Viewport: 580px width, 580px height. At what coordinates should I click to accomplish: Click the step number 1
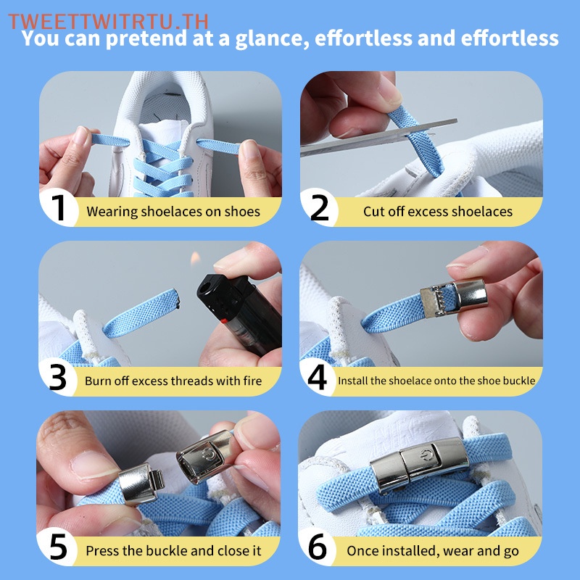click(x=58, y=207)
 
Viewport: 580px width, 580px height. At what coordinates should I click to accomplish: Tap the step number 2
click(x=319, y=207)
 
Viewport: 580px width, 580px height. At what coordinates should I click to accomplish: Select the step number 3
click(x=58, y=377)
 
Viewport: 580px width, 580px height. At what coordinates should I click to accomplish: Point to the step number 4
click(x=317, y=377)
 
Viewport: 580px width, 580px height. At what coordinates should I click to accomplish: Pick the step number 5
click(x=58, y=547)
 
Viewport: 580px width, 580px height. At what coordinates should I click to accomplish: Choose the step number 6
click(x=318, y=547)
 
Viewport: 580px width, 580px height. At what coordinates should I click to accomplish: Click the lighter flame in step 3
click(x=195, y=258)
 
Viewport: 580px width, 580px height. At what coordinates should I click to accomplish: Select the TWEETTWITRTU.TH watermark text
click(x=108, y=22)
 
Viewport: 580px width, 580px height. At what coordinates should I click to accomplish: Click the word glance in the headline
click(x=273, y=39)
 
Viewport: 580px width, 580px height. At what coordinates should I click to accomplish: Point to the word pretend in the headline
click(x=147, y=39)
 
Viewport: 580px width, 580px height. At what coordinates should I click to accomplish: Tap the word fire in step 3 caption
click(x=252, y=381)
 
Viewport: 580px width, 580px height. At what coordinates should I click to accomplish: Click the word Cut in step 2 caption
click(x=373, y=212)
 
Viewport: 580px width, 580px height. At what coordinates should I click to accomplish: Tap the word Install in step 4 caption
click(x=352, y=381)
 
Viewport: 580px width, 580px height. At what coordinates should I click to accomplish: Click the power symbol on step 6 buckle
click(x=427, y=455)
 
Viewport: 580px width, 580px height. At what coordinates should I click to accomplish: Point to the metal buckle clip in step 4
click(x=454, y=297)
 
